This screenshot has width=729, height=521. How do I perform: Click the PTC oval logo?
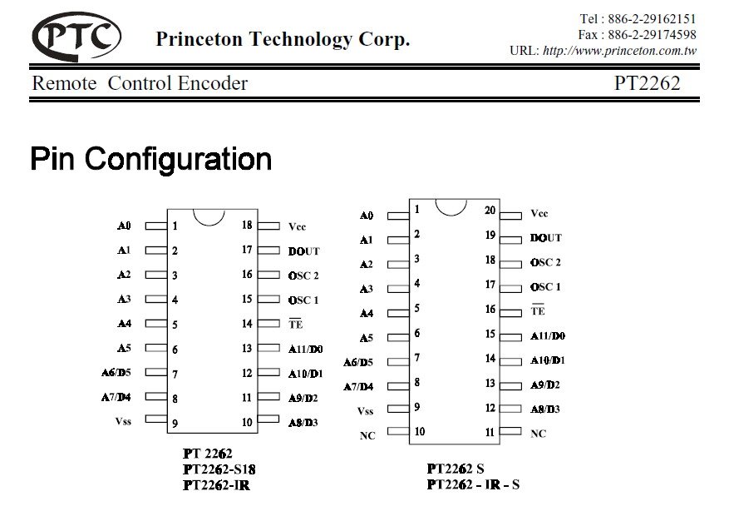tap(76, 36)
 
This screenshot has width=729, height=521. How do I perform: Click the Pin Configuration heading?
tap(150, 158)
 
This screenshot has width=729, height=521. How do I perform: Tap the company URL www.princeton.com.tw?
tap(620, 51)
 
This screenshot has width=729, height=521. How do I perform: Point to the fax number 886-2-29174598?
tap(652, 35)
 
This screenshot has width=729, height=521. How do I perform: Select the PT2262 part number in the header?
tap(647, 83)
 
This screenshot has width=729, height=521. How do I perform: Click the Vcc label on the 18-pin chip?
tap(297, 226)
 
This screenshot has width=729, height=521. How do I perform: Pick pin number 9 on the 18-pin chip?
tap(175, 424)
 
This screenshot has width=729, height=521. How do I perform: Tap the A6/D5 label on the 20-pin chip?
tap(358, 362)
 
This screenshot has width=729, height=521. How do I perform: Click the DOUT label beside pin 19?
tap(545, 238)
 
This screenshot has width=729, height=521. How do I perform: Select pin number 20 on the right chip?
tap(490, 211)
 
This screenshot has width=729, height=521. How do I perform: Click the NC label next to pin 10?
tap(367, 435)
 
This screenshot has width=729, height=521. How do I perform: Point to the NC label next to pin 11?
tap(539, 434)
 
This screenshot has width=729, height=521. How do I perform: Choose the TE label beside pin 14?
tap(295, 325)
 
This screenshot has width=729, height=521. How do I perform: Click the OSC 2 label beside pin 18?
tap(545, 262)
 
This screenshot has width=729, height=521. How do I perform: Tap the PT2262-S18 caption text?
tap(219, 469)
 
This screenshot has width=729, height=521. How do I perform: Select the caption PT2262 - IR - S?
tap(473, 484)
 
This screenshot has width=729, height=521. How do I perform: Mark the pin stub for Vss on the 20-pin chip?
tap(398, 408)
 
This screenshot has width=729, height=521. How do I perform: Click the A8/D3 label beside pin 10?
tap(303, 423)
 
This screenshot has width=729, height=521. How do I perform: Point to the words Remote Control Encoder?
tap(140, 83)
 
